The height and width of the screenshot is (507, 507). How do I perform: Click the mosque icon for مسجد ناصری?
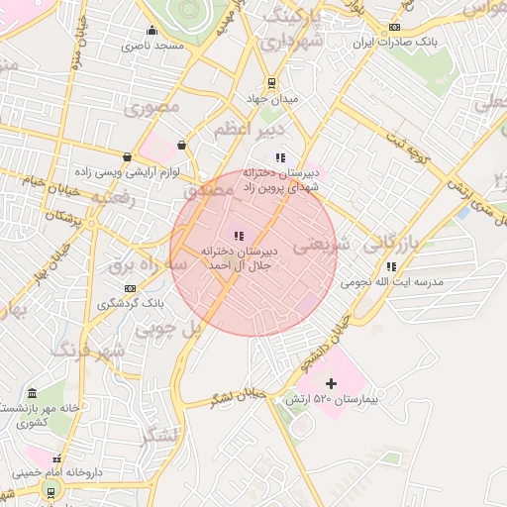coord(152,30)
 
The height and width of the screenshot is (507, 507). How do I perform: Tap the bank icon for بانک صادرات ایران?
coord(394,28)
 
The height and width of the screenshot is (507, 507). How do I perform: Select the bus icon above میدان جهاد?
coord(271,83)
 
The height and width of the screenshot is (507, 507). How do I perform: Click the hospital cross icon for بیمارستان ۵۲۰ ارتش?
coord(331,382)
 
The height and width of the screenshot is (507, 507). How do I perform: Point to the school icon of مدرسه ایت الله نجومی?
coord(392,265)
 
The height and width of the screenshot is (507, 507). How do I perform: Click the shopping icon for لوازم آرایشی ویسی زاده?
coord(127,157)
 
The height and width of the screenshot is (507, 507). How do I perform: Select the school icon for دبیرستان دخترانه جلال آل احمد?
coord(238,235)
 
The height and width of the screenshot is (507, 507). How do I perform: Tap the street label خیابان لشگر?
coord(239,397)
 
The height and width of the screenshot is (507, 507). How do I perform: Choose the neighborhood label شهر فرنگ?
coord(87,351)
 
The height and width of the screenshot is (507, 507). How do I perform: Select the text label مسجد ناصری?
coord(153,46)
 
